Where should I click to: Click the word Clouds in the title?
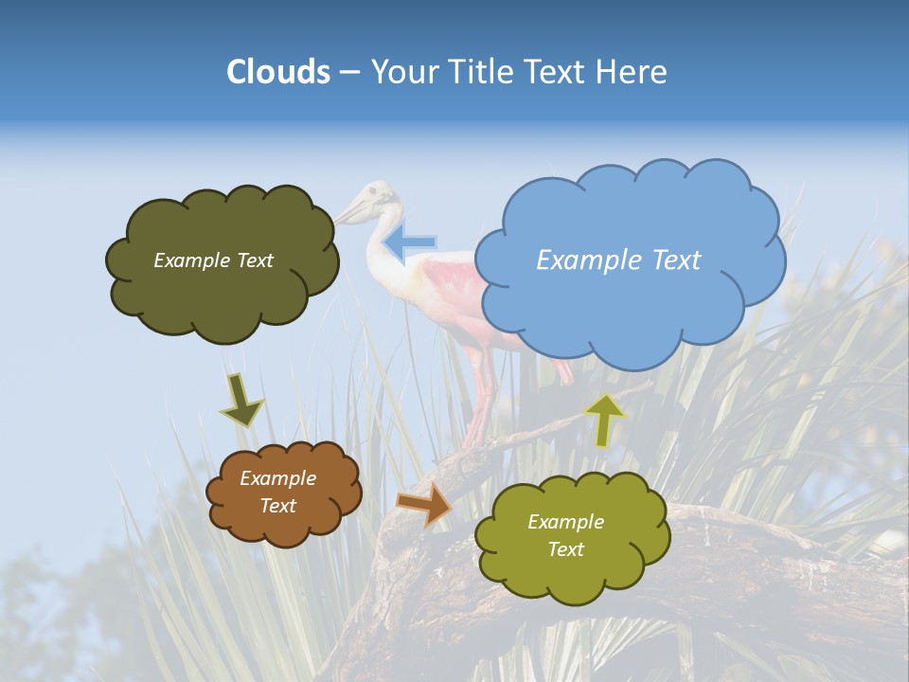coord(278,72)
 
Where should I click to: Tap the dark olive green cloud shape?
coord(223,284)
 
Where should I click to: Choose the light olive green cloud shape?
coord(573,568)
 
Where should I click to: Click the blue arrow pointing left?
coord(410,242)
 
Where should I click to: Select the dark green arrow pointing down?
coord(241,400)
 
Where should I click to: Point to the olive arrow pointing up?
coord(605,420)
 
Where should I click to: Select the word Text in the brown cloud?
coord(278,506)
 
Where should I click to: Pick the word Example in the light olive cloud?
coord(565,522)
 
